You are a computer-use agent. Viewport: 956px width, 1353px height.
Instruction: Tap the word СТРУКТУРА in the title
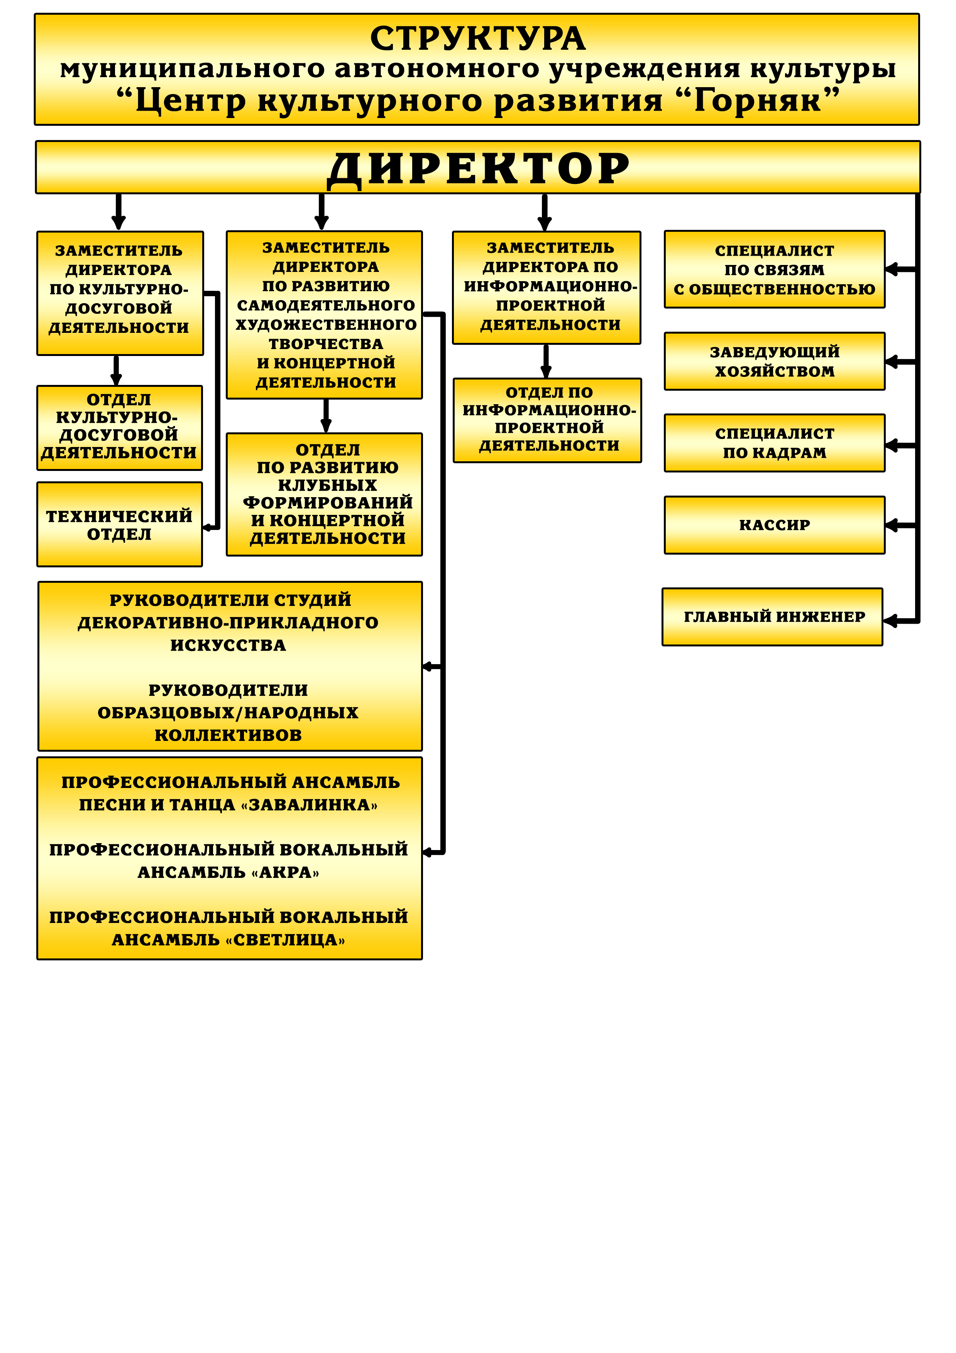tap(478, 39)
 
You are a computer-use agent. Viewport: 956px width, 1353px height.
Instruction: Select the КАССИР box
tap(774, 525)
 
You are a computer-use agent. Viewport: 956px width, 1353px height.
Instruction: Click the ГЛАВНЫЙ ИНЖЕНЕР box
tap(773, 617)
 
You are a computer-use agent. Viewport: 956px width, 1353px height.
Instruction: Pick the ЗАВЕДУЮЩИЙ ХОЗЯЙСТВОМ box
tap(774, 361)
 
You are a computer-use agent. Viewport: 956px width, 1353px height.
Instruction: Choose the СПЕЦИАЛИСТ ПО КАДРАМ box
tap(774, 443)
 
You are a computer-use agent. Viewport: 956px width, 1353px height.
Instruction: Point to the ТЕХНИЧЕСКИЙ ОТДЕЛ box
tap(120, 525)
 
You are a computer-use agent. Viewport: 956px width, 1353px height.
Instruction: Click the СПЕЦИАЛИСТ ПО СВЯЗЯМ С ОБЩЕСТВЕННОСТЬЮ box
tap(774, 269)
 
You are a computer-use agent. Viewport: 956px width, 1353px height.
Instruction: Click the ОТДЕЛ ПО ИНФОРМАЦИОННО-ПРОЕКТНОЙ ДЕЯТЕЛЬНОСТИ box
tap(547, 420)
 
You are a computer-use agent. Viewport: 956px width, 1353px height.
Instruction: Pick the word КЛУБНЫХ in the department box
tap(327, 485)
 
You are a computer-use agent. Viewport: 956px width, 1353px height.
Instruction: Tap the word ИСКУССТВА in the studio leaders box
tap(228, 645)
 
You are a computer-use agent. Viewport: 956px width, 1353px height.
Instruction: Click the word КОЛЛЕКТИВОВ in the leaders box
tap(228, 736)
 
